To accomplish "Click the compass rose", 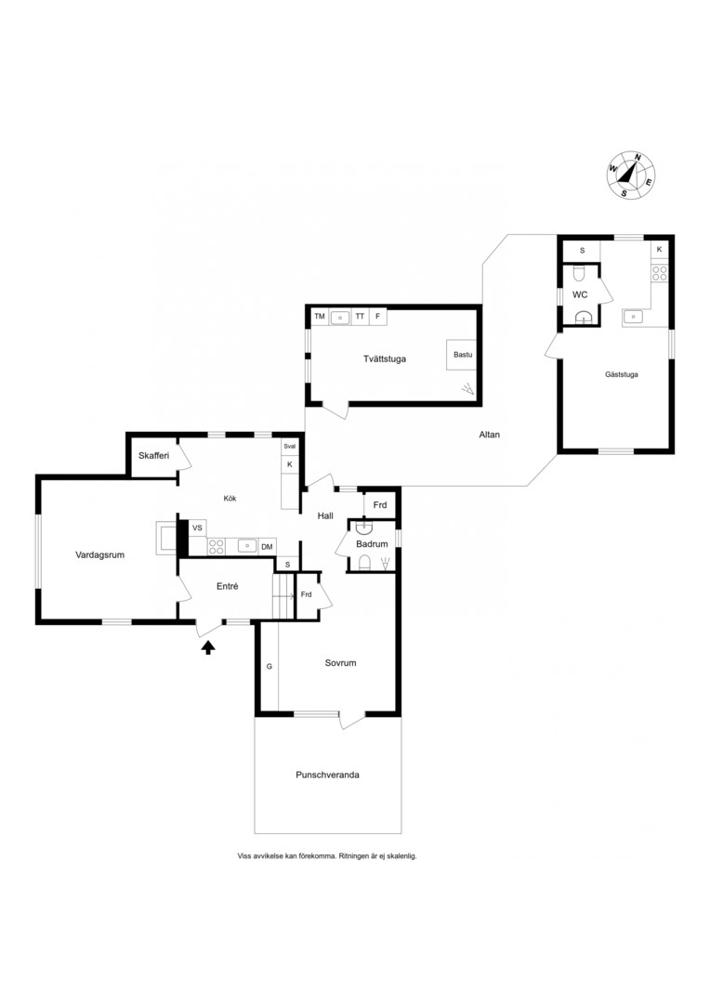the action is coord(631,175).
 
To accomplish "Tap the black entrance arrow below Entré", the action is coord(208,648).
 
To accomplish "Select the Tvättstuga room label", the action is coord(385,358).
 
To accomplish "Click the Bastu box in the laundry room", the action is coord(462,355).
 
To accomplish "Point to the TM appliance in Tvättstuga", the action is coord(320,316).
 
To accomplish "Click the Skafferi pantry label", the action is coord(153,456).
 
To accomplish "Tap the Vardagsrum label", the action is coord(99,554).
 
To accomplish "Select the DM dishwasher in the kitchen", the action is coord(267,546).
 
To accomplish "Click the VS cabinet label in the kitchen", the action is coord(197,528).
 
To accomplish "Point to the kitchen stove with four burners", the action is coord(217,546).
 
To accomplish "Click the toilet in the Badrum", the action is coord(365,562).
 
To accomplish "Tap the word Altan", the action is coord(489,435).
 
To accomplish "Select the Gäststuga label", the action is coord(621,374).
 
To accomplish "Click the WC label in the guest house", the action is coord(580,295).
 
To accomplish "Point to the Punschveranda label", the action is coord(327,775).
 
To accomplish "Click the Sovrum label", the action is coord(340,663).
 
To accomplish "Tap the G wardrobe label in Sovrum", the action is coord(270,666).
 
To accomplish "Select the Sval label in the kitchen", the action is coord(290,447).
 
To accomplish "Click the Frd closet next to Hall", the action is coord(380,504).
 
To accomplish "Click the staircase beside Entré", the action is coord(283,595).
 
